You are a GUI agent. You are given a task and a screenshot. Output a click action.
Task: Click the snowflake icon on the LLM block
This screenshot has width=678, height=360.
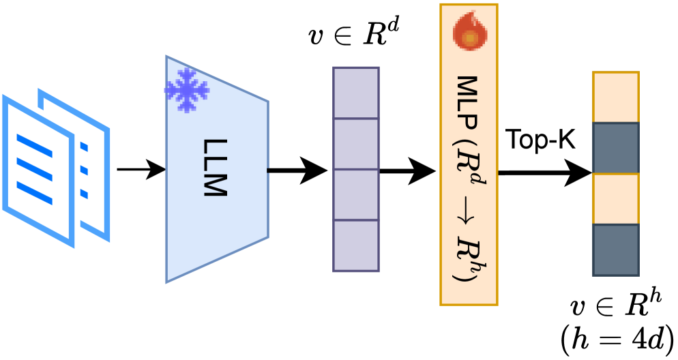tap(186, 90)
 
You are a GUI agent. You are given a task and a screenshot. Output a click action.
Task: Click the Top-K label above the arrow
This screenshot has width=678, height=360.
tap(540, 139)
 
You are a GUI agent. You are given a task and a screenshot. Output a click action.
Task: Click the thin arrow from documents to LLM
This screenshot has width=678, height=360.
tap(141, 168)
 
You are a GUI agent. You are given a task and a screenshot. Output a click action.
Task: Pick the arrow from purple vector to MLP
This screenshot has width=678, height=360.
tap(407, 170)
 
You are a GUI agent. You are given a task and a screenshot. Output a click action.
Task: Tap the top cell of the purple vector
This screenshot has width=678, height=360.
tap(355, 93)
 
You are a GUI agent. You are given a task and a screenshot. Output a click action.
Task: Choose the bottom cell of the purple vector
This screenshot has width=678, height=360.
tap(355, 245)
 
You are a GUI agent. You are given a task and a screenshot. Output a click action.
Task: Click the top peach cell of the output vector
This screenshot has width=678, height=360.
tap(616, 97)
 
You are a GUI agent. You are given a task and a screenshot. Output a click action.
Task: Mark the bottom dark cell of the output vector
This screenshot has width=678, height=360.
tap(616, 250)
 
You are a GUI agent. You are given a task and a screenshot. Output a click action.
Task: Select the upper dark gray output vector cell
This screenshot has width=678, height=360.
tap(616, 148)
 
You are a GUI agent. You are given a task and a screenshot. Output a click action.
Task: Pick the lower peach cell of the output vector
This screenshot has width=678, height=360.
tap(616, 199)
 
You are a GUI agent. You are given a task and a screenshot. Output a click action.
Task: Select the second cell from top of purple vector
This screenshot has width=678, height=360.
tap(355, 144)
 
